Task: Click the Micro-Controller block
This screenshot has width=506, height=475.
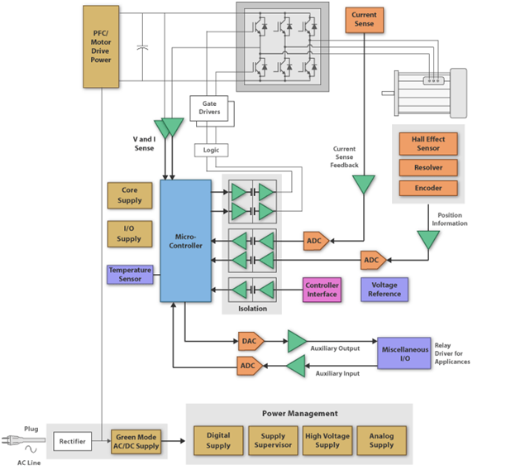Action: pyautogui.click(x=185, y=241)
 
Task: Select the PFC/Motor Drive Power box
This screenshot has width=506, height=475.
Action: pyautogui.click(x=101, y=46)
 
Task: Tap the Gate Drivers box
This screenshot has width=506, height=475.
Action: pyautogui.click(x=209, y=108)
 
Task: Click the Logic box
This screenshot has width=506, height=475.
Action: pyautogui.click(x=211, y=150)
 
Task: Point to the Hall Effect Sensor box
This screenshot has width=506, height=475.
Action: pyautogui.click(x=428, y=144)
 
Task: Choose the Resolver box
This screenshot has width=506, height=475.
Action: pyautogui.click(x=428, y=168)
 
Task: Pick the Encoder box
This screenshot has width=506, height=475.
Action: pyautogui.click(x=428, y=188)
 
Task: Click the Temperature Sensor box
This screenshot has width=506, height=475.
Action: pyautogui.click(x=130, y=275)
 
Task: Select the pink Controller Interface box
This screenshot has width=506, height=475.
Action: pyautogui.click(x=322, y=290)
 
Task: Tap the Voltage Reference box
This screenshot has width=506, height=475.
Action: pyautogui.click(x=384, y=290)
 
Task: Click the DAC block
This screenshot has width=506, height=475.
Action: pyautogui.click(x=251, y=341)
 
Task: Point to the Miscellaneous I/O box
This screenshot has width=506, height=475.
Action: pyautogui.click(x=404, y=353)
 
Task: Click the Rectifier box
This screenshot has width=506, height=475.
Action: pyautogui.click(x=72, y=441)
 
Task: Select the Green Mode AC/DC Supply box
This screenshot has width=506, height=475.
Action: pyautogui.click(x=136, y=441)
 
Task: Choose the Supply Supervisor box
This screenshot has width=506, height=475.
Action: pyautogui.click(x=273, y=440)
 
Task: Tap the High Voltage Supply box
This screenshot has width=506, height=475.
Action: pyautogui.click(x=327, y=440)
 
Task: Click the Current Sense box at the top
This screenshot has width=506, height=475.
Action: pyautogui.click(x=365, y=20)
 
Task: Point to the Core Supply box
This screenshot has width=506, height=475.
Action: pyautogui.click(x=130, y=195)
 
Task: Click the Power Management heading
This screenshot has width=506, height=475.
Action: pyautogui.click(x=300, y=414)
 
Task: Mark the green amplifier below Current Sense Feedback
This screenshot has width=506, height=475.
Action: pyautogui.click(x=364, y=184)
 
